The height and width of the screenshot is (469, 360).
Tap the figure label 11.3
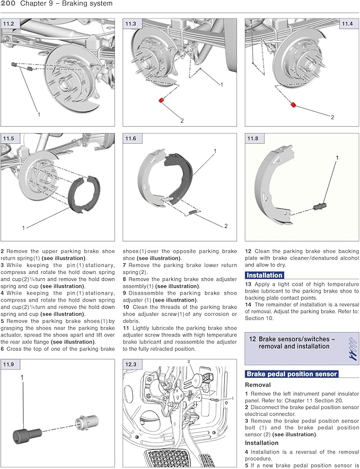click(x=130, y=24)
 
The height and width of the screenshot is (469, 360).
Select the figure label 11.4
click(x=347, y=24)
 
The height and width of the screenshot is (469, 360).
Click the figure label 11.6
click(x=130, y=139)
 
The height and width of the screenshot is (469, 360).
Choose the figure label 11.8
click(x=253, y=139)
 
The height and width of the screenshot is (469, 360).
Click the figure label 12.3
click(x=130, y=365)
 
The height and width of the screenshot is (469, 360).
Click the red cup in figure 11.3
click(x=160, y=100)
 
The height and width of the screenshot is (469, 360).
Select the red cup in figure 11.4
click(x=292, y=104)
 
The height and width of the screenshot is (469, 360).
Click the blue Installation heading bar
click(x=264, y=275)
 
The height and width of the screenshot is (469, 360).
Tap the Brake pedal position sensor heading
click(x=292, y=374)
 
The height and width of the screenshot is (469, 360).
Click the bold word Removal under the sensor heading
click(x=258, y=385)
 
